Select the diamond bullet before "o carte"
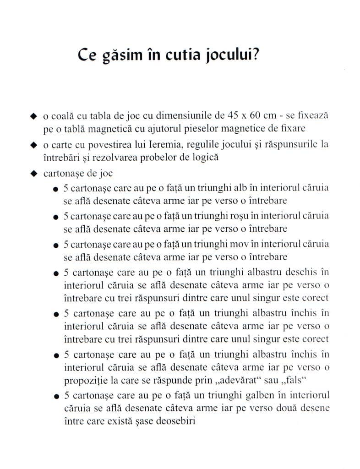[33, 146]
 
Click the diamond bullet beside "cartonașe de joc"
[33, 174]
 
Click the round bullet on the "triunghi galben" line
[55, 395]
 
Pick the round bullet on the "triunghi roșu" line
[55, 216]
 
